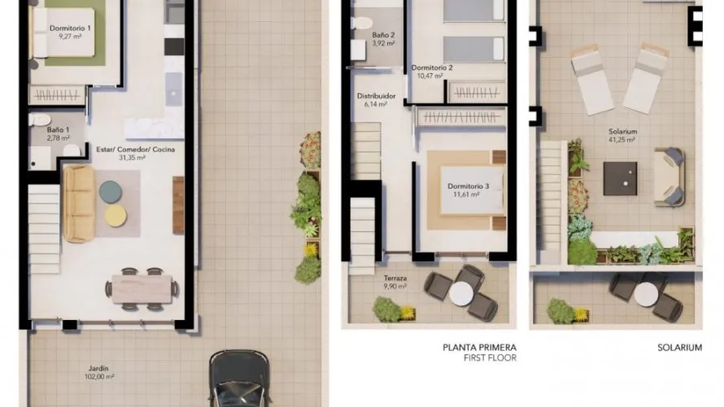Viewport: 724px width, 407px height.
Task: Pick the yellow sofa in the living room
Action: pyautogui.click(x=79, y=203)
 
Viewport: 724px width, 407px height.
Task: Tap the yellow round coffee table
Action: pyautogui.click(x=115, y=215)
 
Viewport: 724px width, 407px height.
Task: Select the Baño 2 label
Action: pyautogui.click(x=383, y=36)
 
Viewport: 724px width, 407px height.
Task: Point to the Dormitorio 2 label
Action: pyautogui.click(x=432, y=68)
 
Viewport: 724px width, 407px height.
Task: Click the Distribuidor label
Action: pyautogui.click(x=376, y=96)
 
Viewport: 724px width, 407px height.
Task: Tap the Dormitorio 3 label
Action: pyautogui.click(x=469, y=186)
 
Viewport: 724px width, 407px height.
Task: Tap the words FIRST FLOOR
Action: pyautogui.click(x=490, y=357)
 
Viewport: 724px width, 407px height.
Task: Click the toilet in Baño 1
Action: pyautogui.click(x=37, y=121)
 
